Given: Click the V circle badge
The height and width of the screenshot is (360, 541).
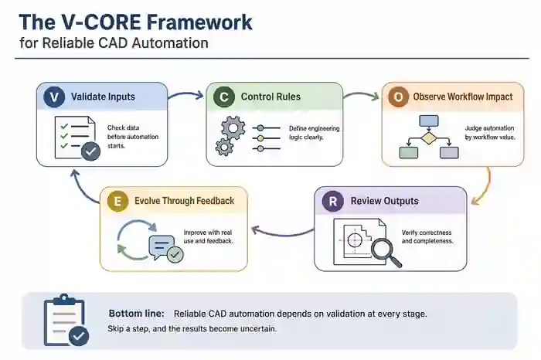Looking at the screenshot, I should [x=53, y=97].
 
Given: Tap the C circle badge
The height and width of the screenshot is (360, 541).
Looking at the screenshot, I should [x=222, y=97].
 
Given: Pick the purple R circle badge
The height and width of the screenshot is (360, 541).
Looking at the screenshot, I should [x=332, y=202].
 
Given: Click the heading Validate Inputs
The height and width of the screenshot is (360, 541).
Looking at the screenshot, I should [x=103, y=97].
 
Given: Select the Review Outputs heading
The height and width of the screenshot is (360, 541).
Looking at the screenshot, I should [x=384, y=202].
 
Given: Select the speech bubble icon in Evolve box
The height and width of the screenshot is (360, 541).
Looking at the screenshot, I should [x=163, y=246].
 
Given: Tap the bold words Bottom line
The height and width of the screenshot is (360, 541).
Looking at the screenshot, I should [x=136, y=314].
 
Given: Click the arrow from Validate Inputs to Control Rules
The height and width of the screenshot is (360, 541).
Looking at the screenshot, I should [x=186, y=97].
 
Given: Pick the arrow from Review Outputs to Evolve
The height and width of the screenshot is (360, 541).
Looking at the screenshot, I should [x=282, y=229].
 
